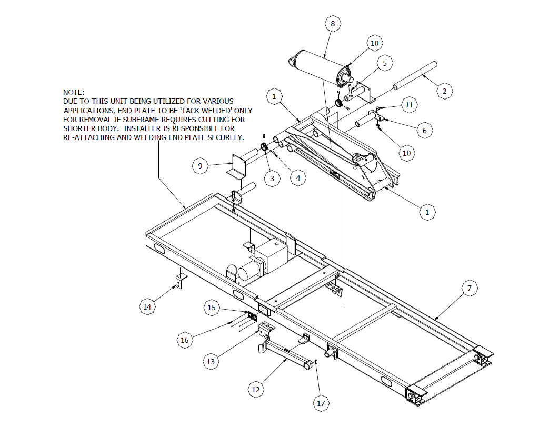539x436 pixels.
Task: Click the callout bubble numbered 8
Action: [332, 24]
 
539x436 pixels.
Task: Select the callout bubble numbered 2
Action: [445, 91]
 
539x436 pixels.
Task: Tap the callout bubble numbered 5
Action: [385, 63]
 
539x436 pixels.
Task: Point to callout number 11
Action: [410, 105]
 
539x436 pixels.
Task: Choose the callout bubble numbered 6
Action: [425, 130]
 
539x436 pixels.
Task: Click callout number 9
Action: [200, 166]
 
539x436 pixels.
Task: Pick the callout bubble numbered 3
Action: [272, 179]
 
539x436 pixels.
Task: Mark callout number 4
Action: [298, 178]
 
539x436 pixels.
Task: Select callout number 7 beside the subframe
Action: [469, 288]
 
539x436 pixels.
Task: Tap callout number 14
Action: [148, 306]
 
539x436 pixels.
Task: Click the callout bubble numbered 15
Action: [212, 308]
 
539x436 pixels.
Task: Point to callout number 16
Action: [185, 340]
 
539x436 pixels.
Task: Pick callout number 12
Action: [256, 390]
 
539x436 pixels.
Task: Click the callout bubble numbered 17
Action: [321, 403]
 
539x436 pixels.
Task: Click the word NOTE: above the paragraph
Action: [73, 92]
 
